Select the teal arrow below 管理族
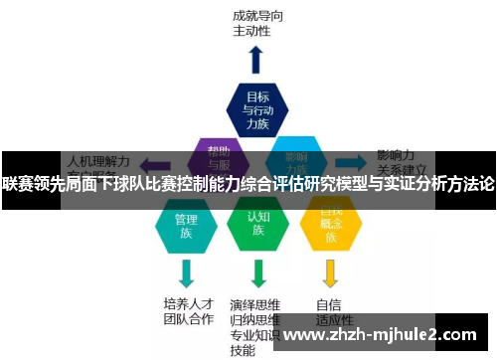tap(186, 271)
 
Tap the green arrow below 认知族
tap(258, 271)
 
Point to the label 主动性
tap(251, 31)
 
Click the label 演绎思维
tap(254, 303)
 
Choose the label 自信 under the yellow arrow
tap(329, 304)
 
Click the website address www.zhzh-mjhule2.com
tap(382, 335)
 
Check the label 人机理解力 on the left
tap(97, 157)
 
